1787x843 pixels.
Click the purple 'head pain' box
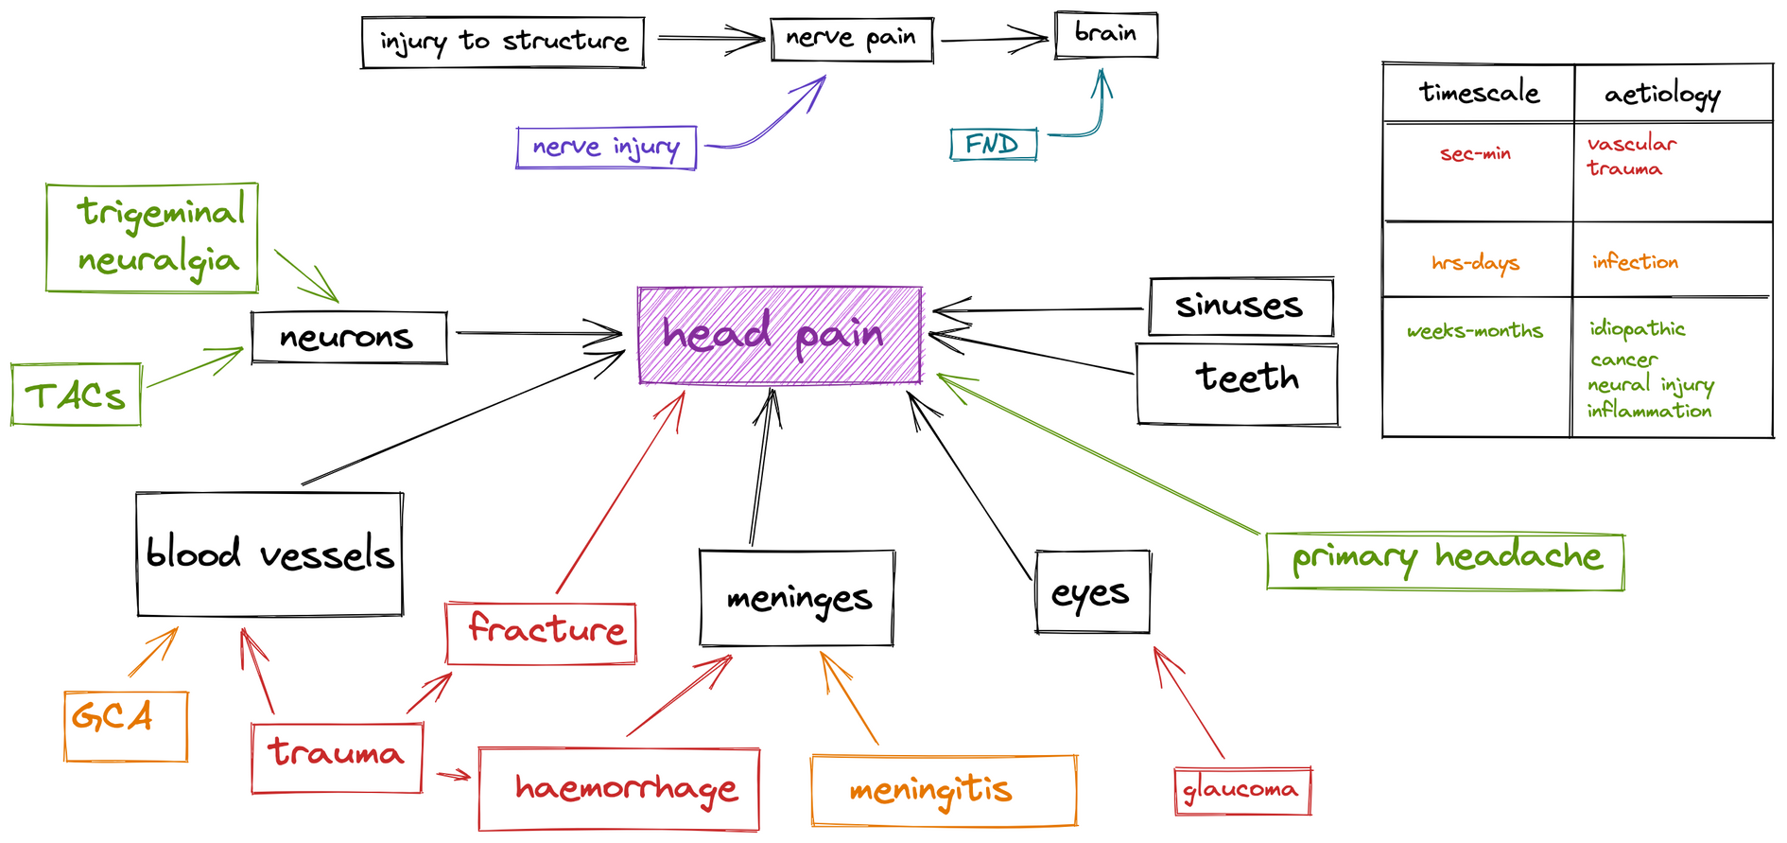779,336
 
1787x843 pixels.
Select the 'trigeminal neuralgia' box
152,237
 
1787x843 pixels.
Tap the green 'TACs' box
76,395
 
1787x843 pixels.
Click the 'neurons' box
349,338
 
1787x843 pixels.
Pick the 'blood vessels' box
269,554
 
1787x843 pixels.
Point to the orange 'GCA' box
126,726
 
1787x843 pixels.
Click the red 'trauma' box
337,757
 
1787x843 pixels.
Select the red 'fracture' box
541,632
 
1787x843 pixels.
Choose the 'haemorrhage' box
618,789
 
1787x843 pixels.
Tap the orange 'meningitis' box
944,791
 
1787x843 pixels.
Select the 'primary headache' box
1445,561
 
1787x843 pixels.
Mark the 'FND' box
993,145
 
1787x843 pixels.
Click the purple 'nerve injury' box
606,148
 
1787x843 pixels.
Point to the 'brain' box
1105,35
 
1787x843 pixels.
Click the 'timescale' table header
1479,93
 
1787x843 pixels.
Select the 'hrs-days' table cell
1475,262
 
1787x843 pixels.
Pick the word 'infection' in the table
1635,262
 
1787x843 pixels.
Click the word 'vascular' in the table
1631,144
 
